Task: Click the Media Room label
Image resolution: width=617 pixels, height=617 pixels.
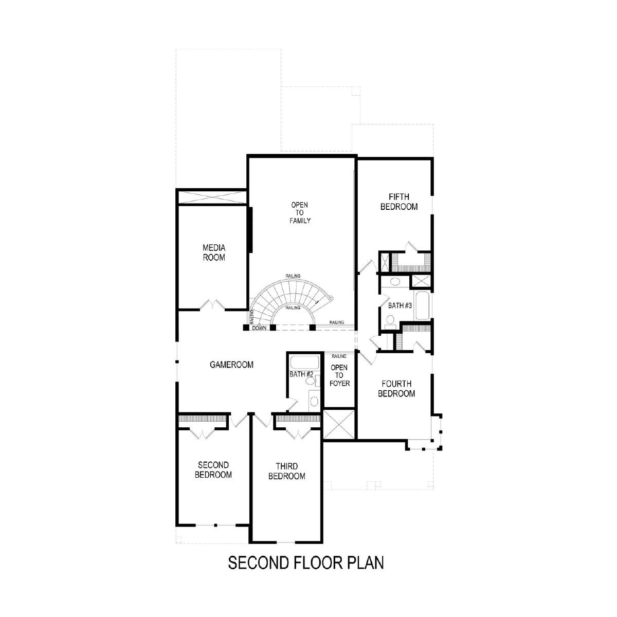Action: tap(214, 252)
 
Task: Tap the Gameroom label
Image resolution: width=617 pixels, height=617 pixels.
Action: tap(231, 365)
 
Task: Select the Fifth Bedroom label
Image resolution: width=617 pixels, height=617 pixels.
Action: tap(399, 202)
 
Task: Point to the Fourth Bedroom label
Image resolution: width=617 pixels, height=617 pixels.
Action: tap(396, 388)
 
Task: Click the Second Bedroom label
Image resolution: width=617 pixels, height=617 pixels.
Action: tap(213, 470)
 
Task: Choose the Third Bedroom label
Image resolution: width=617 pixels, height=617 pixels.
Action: tap(286, 471)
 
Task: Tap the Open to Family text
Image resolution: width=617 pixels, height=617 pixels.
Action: tap(300, 212)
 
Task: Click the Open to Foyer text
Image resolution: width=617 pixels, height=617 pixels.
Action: tap(339, 375)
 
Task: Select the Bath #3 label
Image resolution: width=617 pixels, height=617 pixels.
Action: tap(400, 305)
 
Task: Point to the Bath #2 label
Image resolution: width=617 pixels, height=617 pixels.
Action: tap(301, 374)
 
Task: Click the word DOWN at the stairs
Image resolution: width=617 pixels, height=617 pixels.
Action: tap(259, 328)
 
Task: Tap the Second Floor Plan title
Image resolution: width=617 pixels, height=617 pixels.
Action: tap(306, 562)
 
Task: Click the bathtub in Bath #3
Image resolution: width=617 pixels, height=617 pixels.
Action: tap(422, 305)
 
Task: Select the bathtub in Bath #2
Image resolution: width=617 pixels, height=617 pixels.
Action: tap(304, 362)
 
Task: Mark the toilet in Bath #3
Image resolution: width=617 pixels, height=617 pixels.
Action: tap(390, 321)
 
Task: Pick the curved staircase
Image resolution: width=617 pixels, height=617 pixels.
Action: tap(288, 302)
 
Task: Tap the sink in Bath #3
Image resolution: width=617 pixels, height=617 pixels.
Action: tap(395, 282)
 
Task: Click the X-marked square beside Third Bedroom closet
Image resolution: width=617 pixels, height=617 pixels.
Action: tap(339, 424)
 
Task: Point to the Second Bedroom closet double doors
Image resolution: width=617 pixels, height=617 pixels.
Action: tap(203, 434)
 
